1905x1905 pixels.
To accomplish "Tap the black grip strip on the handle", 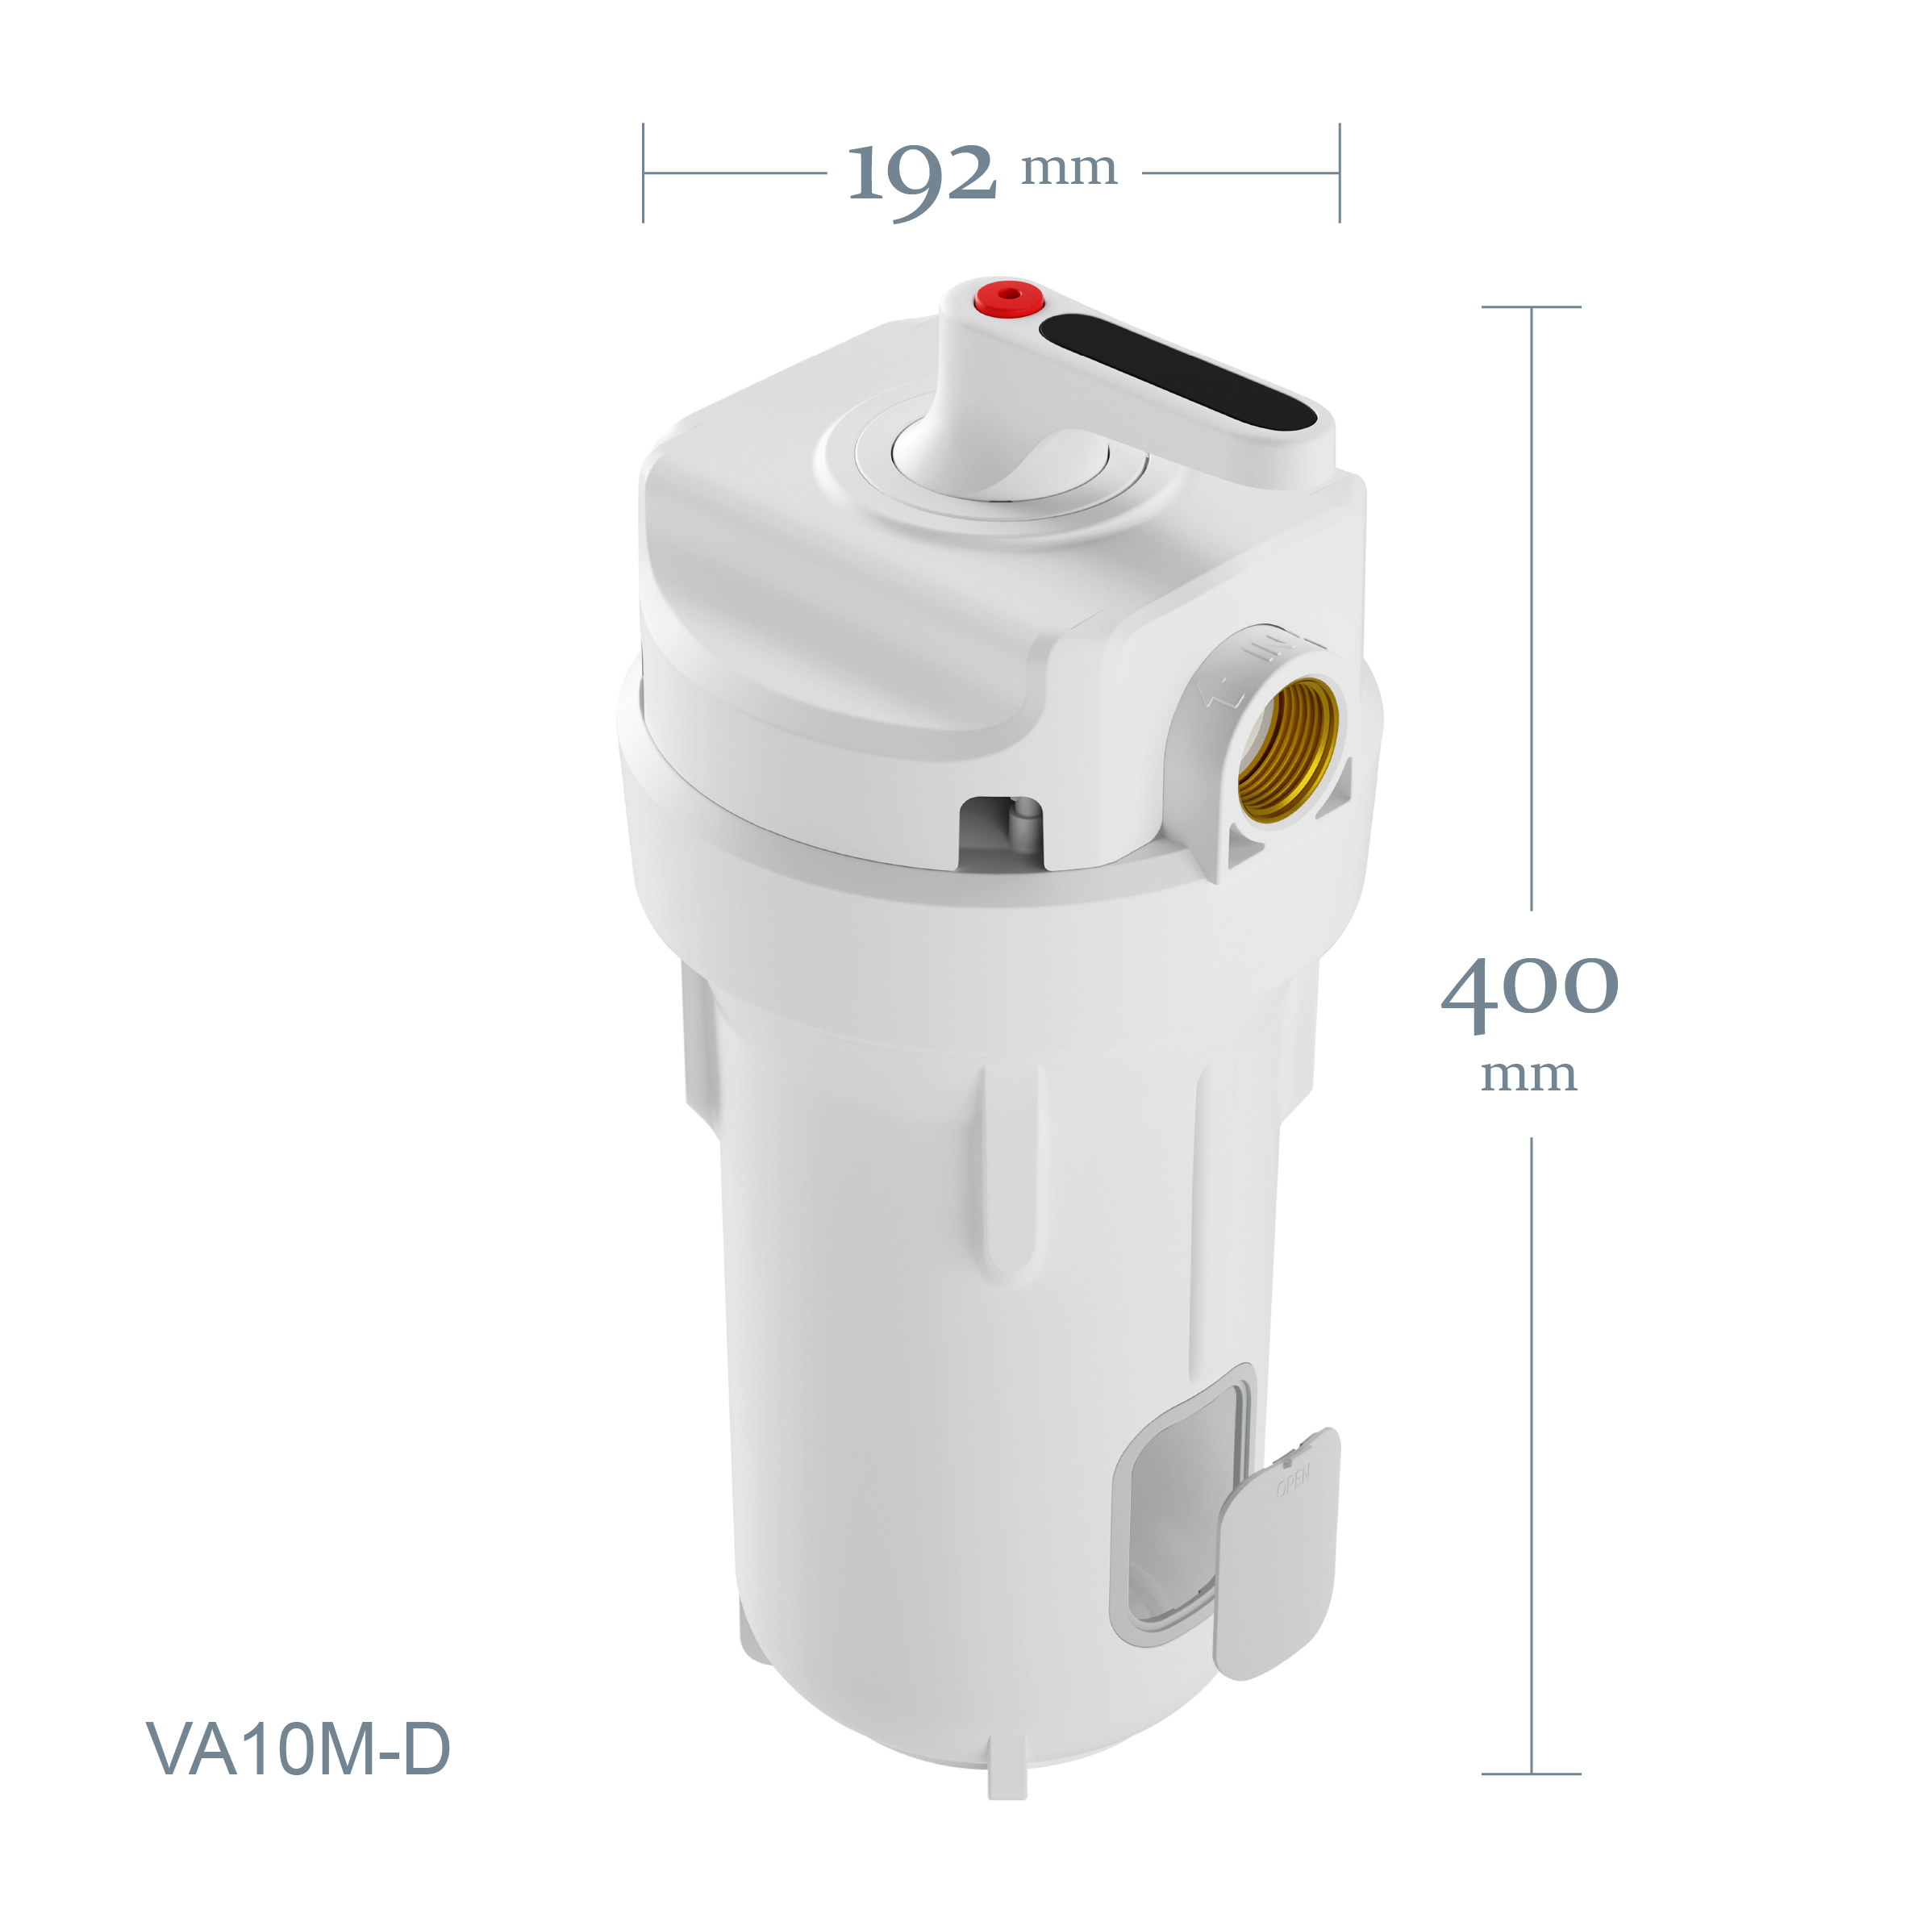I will [x=1178, y=372].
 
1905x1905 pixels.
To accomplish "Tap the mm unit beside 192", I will [x=1069, y=169].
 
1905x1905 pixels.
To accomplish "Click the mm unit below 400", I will [x=1528, y=1076].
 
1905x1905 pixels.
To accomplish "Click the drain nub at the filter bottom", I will [x=1007, y=1781].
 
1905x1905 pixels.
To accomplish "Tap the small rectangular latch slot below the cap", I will [x=1001, y=833].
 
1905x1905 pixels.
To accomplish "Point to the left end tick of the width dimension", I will [x=643, y=173].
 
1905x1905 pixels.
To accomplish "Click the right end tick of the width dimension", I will [x=1339, y=173].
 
